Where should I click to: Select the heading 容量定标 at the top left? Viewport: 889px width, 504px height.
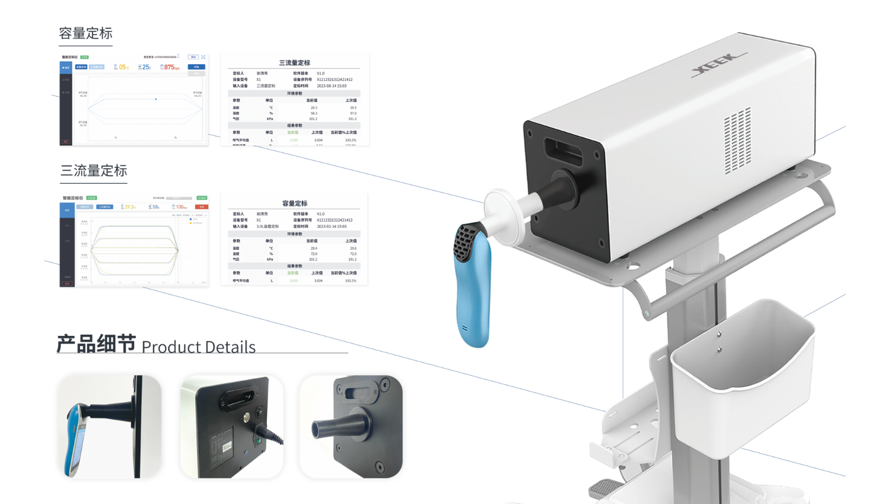tap(86, 33)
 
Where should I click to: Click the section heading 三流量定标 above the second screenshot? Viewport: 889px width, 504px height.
tap(94, 171)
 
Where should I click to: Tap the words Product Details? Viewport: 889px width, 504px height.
tap(198, 347)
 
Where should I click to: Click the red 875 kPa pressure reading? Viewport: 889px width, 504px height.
tap(171, 67)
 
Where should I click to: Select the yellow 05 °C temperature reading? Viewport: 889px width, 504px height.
tap(123, 67)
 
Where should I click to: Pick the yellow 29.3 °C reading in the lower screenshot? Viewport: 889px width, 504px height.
tap(130, 206)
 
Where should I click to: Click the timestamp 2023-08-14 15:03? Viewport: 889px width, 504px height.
tap(332, 86)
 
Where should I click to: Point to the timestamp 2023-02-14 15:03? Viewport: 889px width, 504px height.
tap(332, 226)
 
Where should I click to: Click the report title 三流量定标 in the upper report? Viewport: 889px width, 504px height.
tap(294, 63)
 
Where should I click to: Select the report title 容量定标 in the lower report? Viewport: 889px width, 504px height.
tap(294, 203)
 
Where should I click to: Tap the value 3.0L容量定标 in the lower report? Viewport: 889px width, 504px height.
tap(270, 226)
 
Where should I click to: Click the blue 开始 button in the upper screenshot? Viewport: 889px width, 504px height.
tap(196, 67)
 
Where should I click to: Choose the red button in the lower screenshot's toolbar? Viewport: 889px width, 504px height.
tap(201, 206)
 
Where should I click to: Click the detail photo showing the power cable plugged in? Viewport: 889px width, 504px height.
tap(232, 427)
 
